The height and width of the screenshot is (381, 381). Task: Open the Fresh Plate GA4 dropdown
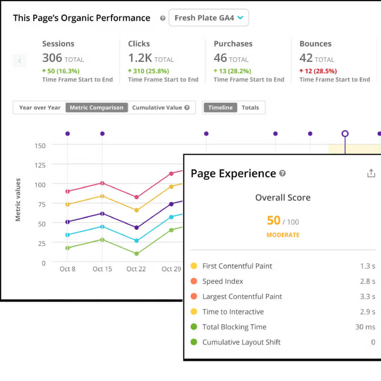[x=209, y=18]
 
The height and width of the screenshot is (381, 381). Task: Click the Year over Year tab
[x=40, y=108]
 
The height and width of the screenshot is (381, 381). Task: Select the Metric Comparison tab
[x=97, y=108]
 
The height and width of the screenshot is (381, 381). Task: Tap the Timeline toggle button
[x=221, y=108]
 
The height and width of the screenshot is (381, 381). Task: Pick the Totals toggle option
[x=251, y=108]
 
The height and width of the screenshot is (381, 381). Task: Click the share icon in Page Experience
[x=371, y=173]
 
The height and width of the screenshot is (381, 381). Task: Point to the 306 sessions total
[x=52, y=58]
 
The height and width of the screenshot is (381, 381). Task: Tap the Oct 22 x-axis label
[x=136, y=269]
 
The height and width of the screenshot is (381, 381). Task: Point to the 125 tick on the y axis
[x=40, y=165]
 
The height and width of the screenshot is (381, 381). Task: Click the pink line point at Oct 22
[x=137, y=197]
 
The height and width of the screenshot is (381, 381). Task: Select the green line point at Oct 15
[x=102, y=240]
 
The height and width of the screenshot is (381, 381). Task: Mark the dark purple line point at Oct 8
[x=68, y=222]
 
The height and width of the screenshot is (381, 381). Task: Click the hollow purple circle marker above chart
[x=345, y=134]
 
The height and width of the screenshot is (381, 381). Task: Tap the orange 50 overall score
[x=273, y=221]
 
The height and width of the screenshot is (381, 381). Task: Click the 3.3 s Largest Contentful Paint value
[x=368, y=296]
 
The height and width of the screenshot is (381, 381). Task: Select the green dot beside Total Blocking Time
[x=194, y=327]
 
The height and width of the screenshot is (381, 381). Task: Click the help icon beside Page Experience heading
[x=282, y=173]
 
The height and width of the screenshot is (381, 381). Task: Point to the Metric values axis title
[x=18, y=200]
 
